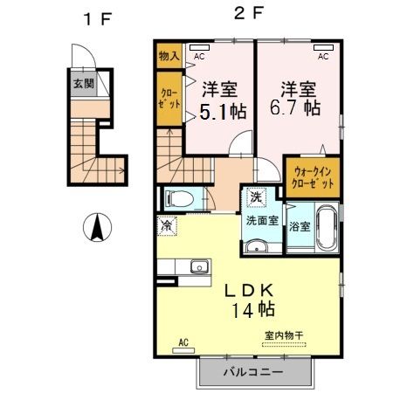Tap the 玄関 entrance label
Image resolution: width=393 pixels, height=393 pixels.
pyautogui.click(x=81, y=85)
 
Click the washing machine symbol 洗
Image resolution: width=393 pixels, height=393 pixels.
pyautogui.click(x=256, y=197)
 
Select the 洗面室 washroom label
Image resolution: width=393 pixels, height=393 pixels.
pyautogui.click(x=261, y=221)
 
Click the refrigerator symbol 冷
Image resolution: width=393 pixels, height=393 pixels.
pyautogui.click(x=167, y=225)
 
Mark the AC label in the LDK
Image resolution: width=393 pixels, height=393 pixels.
pyautogui.click(x=183, y=341)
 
